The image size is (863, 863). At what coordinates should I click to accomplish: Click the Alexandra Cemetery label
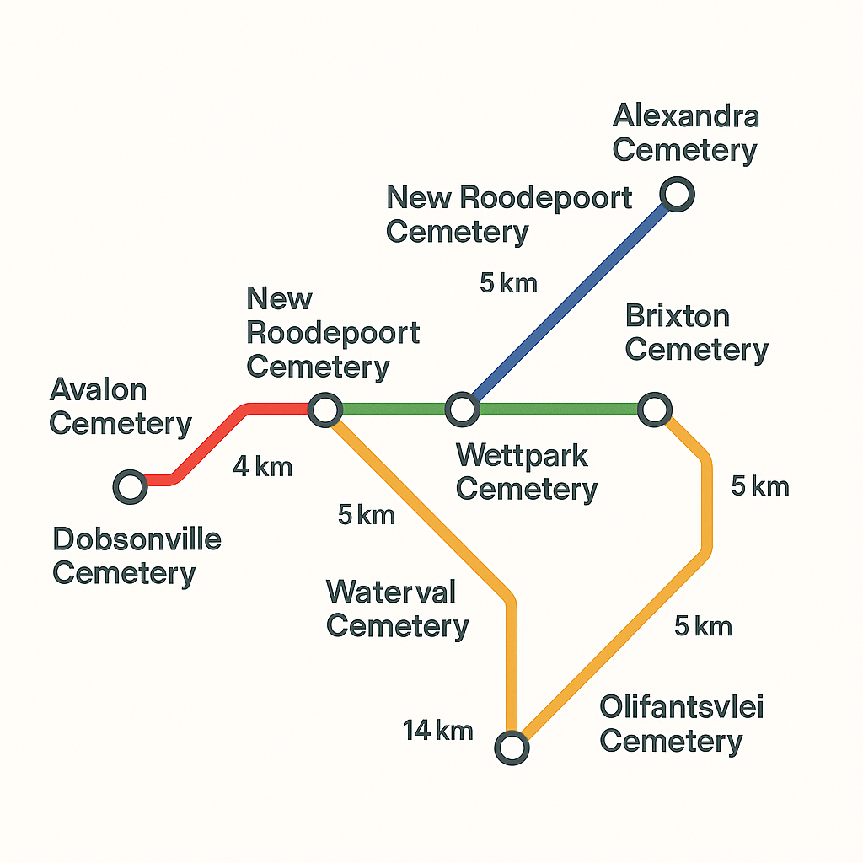[x=685, y=133]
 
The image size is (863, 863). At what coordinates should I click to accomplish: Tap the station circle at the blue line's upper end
[x=678, y=195]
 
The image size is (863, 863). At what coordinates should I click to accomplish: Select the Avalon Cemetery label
[x=121, y=407]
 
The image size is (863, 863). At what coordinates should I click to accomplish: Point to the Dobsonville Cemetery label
[x=137, y=556]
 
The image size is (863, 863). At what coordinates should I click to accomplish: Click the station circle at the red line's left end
[x=130, y=486]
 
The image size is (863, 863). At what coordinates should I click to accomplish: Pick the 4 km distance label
[x=263, y=466]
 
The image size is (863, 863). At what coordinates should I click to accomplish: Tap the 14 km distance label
[x=438, y=731]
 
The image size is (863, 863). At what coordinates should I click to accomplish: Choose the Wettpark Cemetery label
[x=527, y=472]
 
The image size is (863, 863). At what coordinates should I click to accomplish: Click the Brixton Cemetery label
[x=696, y=333]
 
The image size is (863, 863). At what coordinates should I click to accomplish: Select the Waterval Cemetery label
[x=397, y=608]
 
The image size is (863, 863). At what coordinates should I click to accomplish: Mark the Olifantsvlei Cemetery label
[x=681, y=725]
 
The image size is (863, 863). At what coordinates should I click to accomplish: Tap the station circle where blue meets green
[x=461, y=410]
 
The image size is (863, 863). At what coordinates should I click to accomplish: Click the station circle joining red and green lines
[x=324, y=410]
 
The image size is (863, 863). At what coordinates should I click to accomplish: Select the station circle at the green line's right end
[x=654, y=410]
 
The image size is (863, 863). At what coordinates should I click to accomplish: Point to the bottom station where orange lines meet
[x=512, y=747]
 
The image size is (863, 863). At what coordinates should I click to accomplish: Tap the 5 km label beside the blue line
[x=508, y=283]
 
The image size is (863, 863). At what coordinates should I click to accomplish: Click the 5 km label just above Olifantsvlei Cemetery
[x=703, y=626]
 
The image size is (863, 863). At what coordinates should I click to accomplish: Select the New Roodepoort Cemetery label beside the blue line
[x=509, y=215]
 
